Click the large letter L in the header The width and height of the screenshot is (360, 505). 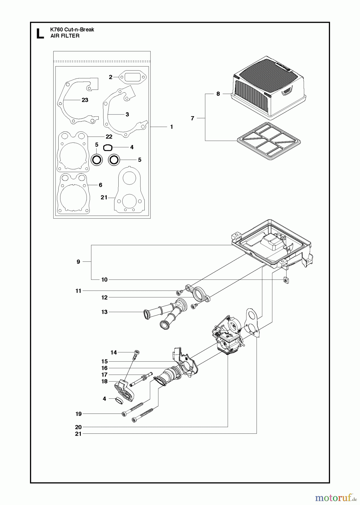point(40,33)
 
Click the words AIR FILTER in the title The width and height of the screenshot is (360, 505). point(65,36)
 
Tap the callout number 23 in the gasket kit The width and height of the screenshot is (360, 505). point(85,100)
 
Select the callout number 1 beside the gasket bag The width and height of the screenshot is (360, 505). point(172,127)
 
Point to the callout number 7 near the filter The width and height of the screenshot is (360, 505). point(192,118)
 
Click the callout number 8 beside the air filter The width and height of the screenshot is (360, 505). point(218,94)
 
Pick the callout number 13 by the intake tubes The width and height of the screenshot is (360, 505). point(104,312)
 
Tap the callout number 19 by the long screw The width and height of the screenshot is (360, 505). point(79,414)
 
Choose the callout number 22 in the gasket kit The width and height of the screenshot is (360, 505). point(109,137)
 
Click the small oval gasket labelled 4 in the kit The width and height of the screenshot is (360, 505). point(108,148)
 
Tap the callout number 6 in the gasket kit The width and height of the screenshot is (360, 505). point(100,185)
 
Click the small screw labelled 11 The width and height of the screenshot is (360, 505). point(178,293)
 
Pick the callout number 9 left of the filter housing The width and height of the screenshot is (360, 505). point(79,262)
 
